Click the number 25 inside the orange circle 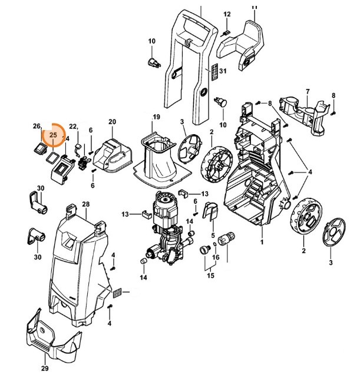53,135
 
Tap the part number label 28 85,204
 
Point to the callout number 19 156,117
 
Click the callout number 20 112,122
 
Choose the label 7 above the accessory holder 307,91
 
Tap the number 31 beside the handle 222,71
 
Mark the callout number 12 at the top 227,14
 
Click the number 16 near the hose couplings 216,257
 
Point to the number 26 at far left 37,127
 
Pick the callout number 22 74,127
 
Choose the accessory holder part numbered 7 304,112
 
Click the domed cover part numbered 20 115,152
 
